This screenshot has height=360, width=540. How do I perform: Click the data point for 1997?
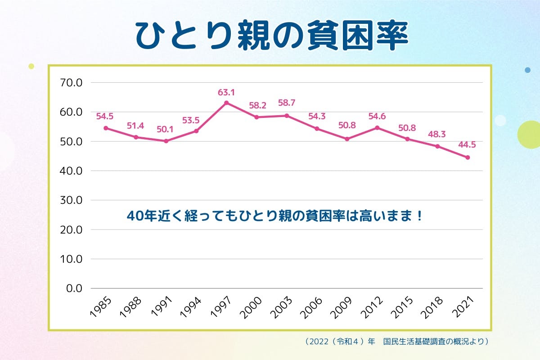226,103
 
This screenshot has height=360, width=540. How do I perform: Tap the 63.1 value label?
226,93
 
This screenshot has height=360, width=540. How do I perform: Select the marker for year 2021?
468,157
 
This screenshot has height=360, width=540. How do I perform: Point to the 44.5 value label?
467,145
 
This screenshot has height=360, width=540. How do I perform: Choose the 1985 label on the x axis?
101,308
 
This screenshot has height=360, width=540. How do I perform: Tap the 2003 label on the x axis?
282,308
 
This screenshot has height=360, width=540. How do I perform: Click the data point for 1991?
166,141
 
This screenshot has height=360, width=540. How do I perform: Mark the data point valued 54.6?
377,128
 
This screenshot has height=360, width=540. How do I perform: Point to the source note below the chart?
396,342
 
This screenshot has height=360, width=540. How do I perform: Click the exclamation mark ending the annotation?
419,216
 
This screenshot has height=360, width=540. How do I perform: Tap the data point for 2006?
317,129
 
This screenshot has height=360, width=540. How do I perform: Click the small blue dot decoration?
527,70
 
